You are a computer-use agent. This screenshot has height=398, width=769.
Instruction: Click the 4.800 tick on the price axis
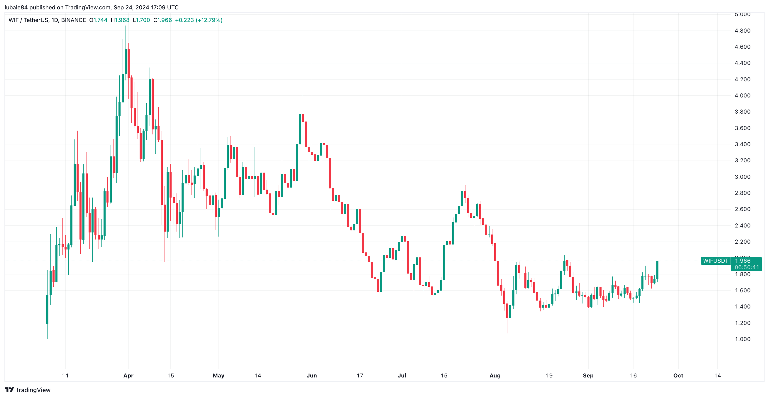coord(742,31)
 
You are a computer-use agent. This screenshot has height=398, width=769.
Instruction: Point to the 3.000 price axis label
coord(742,177)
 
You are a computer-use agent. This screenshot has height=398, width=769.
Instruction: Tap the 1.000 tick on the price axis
coord(742,339)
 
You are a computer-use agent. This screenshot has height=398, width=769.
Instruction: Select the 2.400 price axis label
coord(742,225)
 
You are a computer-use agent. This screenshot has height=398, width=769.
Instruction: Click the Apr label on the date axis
coord(128,376)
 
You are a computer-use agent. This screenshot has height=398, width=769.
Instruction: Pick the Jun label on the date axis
coord(312,376)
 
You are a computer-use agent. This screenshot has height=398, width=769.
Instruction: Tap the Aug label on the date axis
coord(495,376)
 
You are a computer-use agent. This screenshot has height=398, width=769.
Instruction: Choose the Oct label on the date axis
coord(678,376)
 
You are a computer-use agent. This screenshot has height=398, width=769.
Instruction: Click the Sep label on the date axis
coord(588,376)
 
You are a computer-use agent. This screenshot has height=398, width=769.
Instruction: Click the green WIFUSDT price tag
coord(716,261)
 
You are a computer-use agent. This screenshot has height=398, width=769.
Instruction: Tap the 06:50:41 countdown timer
coord(747,267)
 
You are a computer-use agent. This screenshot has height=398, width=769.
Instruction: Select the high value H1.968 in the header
coord(120,20)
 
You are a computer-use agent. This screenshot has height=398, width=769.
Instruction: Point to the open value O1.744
coord(98,20)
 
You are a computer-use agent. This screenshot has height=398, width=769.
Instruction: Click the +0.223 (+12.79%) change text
coord(199,20)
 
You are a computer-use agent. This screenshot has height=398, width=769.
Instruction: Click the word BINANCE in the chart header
coord(73,20)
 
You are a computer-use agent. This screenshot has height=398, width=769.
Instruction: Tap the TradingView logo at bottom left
coord(28,390)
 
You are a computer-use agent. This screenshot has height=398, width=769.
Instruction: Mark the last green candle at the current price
coord(657,270)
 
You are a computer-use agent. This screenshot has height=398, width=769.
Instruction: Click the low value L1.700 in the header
coord(141,20)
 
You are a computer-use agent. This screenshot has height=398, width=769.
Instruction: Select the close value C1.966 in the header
coord(162,20)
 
